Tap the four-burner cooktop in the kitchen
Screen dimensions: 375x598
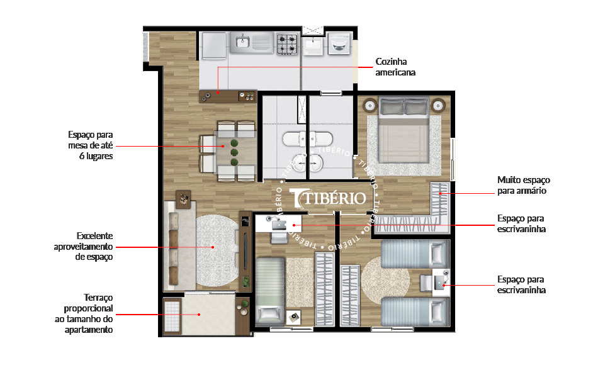pos(288,43)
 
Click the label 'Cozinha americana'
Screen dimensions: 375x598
pos(391,67)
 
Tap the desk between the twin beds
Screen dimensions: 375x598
pos(440,282)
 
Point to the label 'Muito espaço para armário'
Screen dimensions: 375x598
pos(521,185)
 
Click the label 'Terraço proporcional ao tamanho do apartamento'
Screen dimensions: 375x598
pos(88,313)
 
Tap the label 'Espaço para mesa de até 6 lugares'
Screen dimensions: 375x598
pos(90,145)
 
